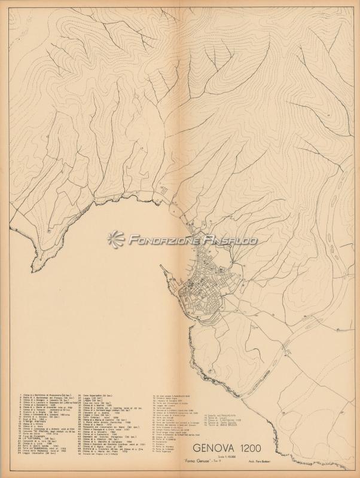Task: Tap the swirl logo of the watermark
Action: pyautogui.click(x=115, y=239)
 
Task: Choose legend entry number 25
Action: pyautogui.click(x=42, y=452)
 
